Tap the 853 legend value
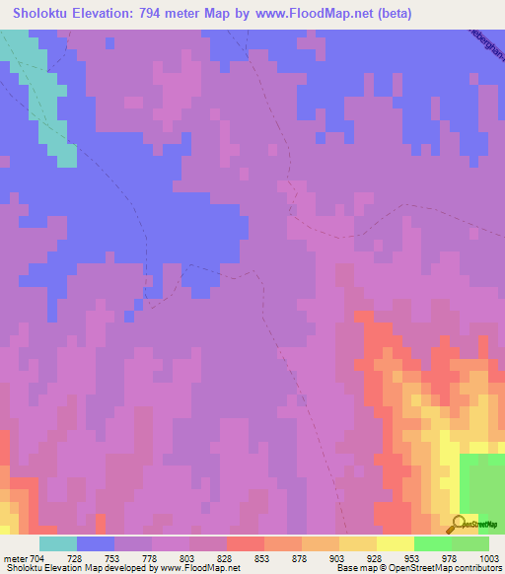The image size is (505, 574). pyautogui.click(x=262, y=558)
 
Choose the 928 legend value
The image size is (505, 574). pyautogui.click(x=374, y=558)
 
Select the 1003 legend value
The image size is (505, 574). pyautogui.click(x=486, y=558)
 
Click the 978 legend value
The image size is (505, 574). pyautogui.click(x=449, y=558)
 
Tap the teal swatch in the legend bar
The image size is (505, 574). pyautogui.click(x=58, y=543)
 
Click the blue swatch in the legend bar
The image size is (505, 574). pyautogui.click(x=96, y=543)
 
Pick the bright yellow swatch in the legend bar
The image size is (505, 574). pyautogui.click(x=395, y=543)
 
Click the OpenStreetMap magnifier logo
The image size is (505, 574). pyautogui.click(x=458, y=524)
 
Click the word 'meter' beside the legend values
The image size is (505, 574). pyautogui.click(x=15, y=558)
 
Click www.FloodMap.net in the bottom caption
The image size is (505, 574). pyautogui.click(x=201, y=568)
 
